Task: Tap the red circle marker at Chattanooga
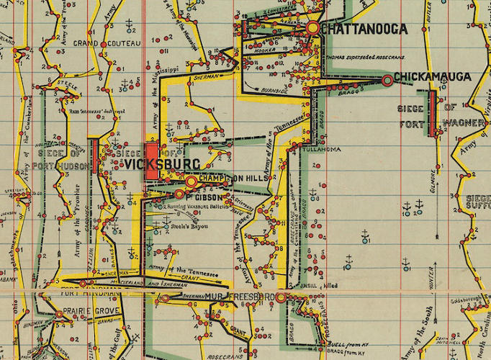point(312,28)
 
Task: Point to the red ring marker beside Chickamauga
point(388,81)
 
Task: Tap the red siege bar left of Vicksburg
point(152,161)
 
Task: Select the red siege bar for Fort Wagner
point(432,113)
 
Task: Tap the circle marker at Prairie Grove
point(60,314)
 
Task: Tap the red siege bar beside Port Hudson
point(94,156)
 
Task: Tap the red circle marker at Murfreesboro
point(281,297)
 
